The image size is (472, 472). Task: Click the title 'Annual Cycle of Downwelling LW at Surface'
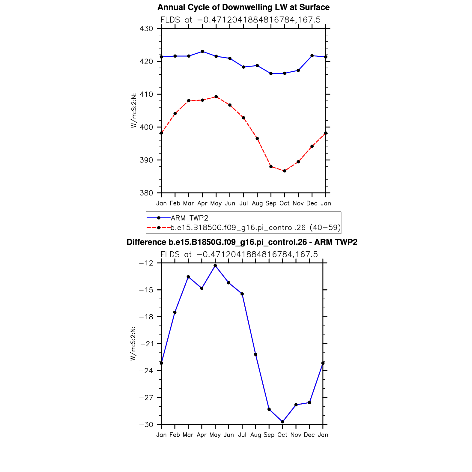(x=243, y=7)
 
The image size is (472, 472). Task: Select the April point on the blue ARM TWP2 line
(x=202, y=52)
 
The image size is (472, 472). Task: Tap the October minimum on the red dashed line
(x=285, y=171)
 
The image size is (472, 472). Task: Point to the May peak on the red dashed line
(x=216, y=97)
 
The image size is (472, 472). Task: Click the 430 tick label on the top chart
(x=146, y=29)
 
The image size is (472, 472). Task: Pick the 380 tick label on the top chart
(x=146, y=193)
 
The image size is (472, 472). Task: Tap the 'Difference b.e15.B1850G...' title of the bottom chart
(x=242, y=242)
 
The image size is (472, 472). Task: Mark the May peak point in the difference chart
(x=215, y=266)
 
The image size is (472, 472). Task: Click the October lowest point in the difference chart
(x=282, y=422)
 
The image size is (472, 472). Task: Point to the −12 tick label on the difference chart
(x=146, y=263)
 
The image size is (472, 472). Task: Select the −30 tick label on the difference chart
(x=146, y=425)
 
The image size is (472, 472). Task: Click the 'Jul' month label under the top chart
(x=243, y=203)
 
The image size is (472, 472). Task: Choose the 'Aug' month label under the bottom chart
(x=255, y=435)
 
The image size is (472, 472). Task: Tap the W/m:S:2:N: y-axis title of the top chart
(x=134, y=110)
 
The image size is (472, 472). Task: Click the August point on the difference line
(x=255, y=354)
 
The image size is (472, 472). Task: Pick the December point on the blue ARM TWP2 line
(x=312, y=56)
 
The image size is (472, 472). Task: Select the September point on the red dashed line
(x=271, y=166)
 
